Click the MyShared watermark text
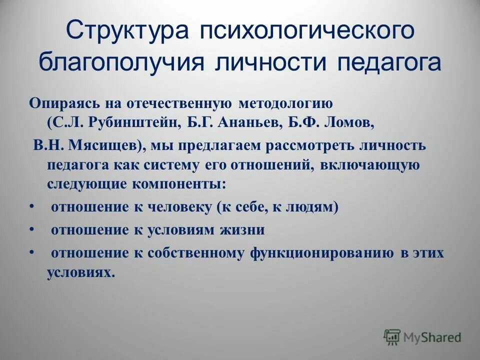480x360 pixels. [x=433, y=337]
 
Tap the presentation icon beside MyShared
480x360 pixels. [x=392, y=337]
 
